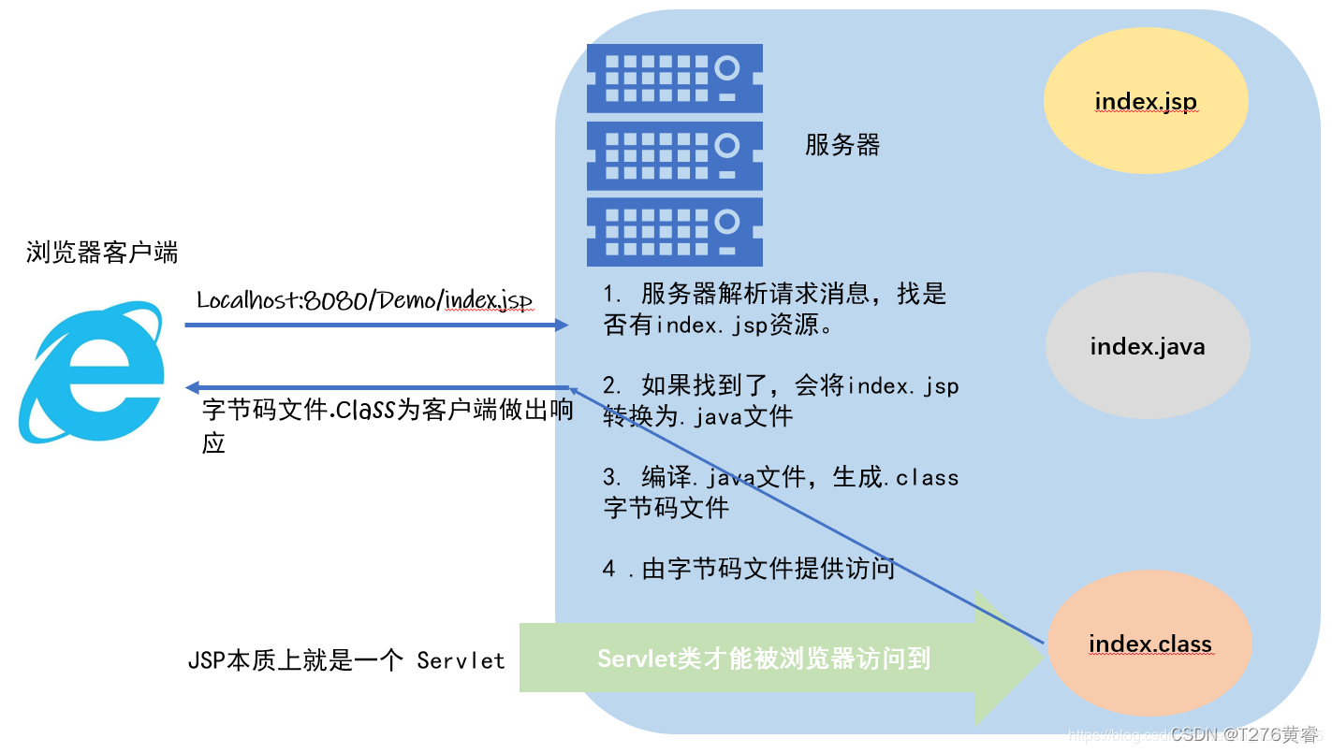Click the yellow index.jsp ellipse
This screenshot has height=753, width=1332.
pyautogui.click(x=1146, y=102)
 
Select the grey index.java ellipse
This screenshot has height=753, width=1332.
pyautogui.click(x=1148, y=347)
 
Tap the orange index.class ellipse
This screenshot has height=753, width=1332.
pyautogui.click(x=1149, y=644)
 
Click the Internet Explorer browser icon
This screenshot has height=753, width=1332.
pyautogui.click(x=92, y=372)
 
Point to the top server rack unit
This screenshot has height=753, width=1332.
pyautogui.click(x=674, y=79)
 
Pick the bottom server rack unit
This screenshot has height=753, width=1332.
pyautogui.click(x=674, y=231)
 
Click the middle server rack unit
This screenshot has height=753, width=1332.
pyautogui.click(x=674, y=155)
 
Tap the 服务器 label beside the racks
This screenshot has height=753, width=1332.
pyautogui.click(x=842, y=145)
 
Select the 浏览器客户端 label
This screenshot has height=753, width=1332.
pyautogui.click(x=102, y=252)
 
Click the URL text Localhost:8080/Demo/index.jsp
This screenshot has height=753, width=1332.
pyautogui.click(x=365, y=300)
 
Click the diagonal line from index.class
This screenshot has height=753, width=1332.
pyautogui.click(x=805, y=515)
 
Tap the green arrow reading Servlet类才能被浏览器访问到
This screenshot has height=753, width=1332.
pyautogui.click(x=777, y=659)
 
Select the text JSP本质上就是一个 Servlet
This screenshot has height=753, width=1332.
pyautogui.click(x=346, y=659)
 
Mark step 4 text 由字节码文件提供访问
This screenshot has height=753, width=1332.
pyautogui.click(x=749, y=568)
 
